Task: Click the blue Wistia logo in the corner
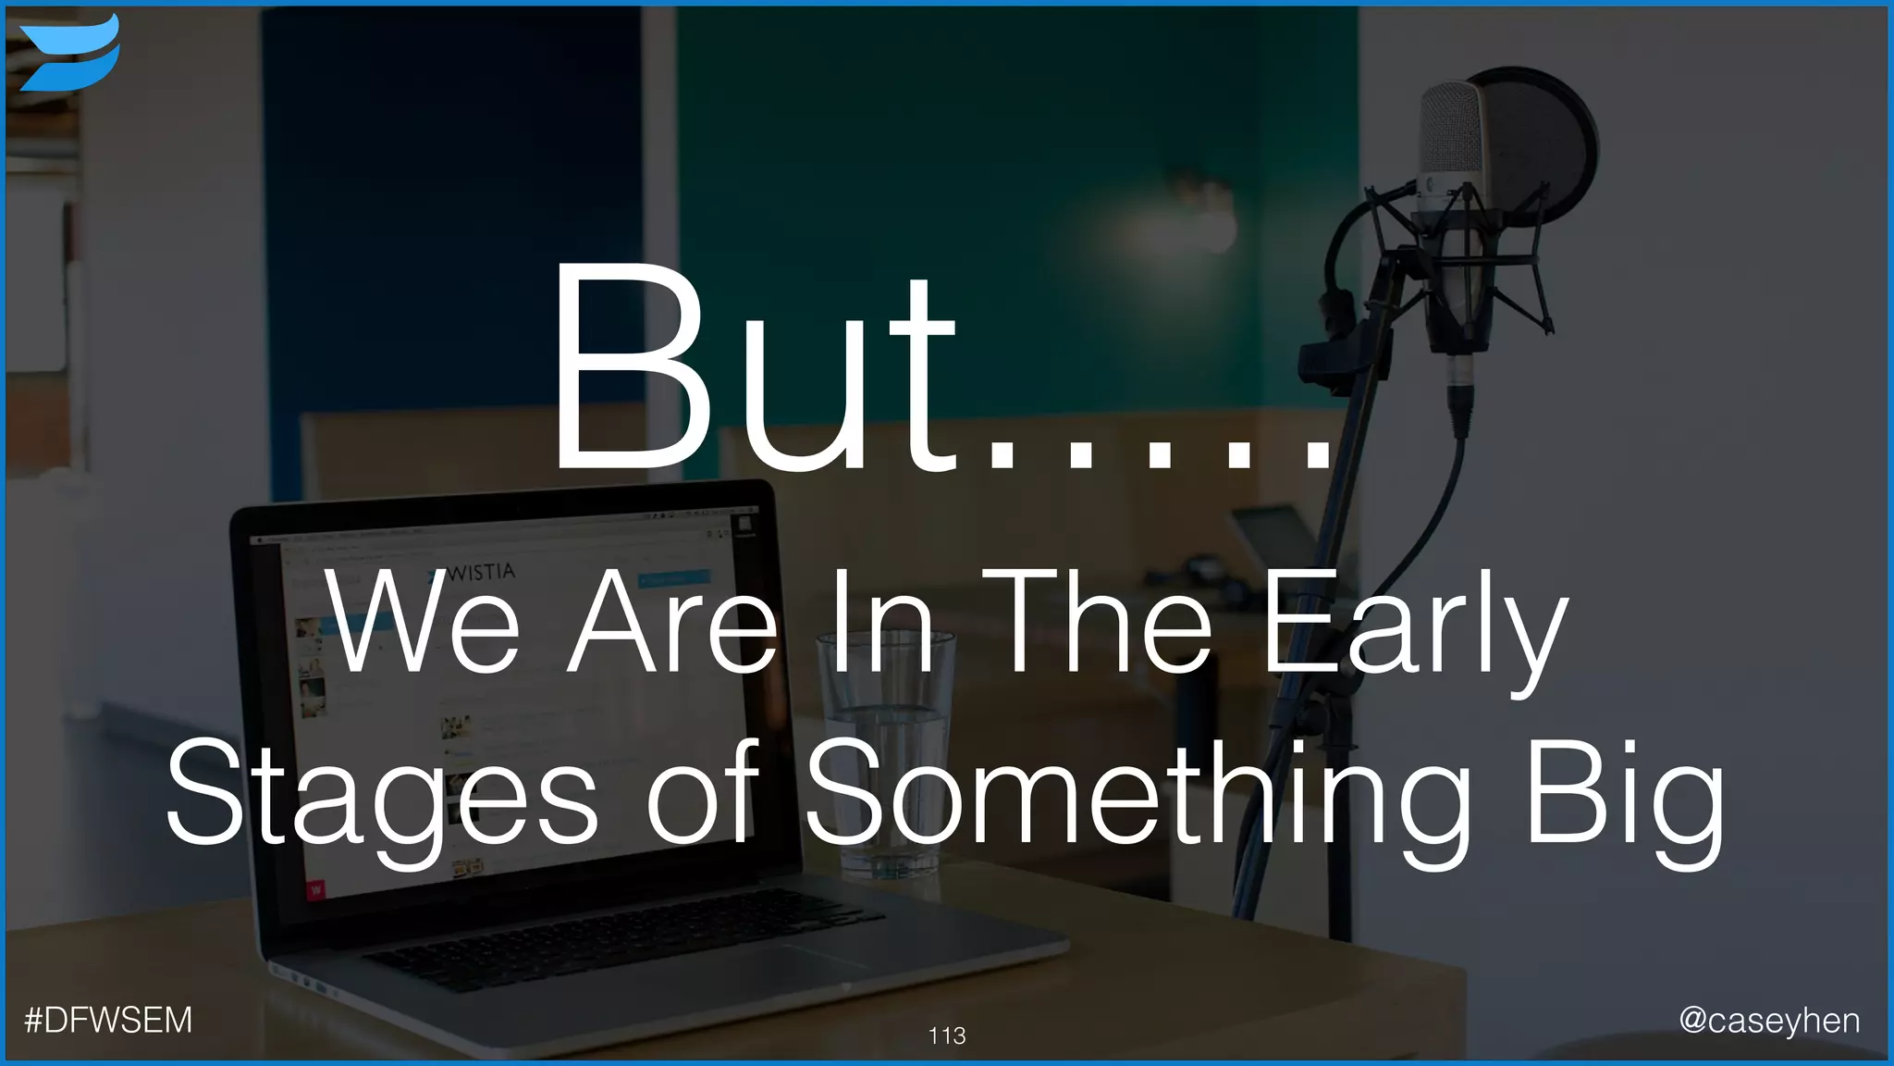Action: pyautogui.click(x=69, y=53)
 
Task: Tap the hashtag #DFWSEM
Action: pyautogui.click(x=108, y=1020)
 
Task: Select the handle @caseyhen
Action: pyautogui.click(x=1769, y=1020)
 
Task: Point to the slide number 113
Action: pyautogui.click(x=947, y=1035)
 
